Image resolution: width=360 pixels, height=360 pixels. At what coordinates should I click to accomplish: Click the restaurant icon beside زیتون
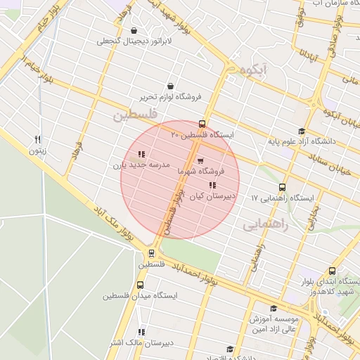[38, 139]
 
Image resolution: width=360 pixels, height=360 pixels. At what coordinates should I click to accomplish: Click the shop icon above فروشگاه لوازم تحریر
[171, 86]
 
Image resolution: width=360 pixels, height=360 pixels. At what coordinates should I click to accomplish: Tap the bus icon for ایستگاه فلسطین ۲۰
[202, 123]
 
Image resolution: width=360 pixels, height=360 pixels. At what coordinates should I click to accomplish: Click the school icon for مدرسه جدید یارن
[141, 154]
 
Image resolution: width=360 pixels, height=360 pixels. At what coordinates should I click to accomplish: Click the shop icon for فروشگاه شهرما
[201, 161]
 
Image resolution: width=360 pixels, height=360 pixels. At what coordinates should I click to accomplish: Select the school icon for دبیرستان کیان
[212, 185]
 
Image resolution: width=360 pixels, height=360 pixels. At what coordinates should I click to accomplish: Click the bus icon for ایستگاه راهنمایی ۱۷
[282, 187]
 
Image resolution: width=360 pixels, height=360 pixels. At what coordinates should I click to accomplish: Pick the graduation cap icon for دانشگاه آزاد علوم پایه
[302, 131]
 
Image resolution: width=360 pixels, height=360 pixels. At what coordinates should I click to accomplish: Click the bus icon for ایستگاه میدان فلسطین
[140, 285]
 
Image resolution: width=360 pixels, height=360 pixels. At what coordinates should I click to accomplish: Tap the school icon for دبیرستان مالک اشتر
[141, 332]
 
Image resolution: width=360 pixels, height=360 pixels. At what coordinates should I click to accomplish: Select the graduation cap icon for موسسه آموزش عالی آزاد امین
[274, 308]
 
